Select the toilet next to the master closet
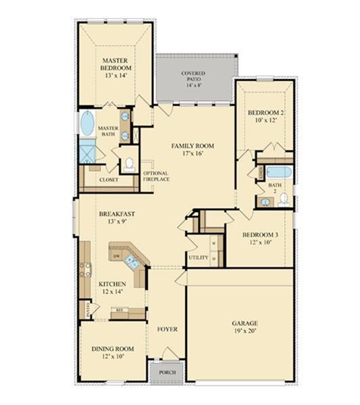pyautogui.click(x=128, y=165)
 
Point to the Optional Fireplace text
pyautogui.click(x=156, y=177)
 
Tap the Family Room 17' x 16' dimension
pyautogui.click(x=192, y=153)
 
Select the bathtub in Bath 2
pyautogui.click(x=278, y=171)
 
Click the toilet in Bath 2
pyautogui.click(x=284, y=199)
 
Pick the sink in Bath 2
pyautogui.click(x=261, y=200)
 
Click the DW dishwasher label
pyautogui.click(x=118, y=257)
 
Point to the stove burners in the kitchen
pyautogui.click(x=86, y=270)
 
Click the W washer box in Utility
pyautogui.click(x=213, y=244)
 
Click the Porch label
pyautogui.click(x=167, y=372)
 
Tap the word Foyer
pyautogui.click(x=167, y=329)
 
